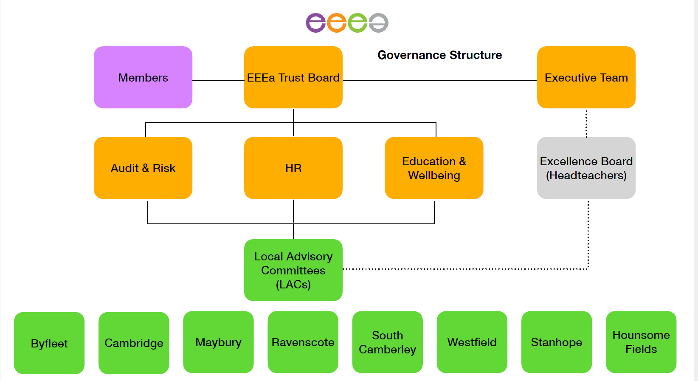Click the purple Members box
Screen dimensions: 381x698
coord(143,77)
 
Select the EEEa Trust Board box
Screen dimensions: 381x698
coord(293,77)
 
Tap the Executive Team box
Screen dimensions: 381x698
coord(586,77)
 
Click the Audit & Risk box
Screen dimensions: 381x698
coord(143,168)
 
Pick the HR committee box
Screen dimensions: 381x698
coord(293,168)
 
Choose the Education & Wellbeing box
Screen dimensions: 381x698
coord(434,168)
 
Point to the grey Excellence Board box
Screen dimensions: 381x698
coord(586,168)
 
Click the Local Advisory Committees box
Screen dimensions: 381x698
coord(293,270)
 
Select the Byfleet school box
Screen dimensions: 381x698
coord(49,343)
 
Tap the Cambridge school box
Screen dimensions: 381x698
coord(134,343)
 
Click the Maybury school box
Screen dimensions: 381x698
coord(218,342)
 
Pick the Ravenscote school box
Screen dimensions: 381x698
coord(303,342)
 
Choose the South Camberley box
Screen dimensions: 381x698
coord(387,342)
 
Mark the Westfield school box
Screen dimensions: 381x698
coord(472,342)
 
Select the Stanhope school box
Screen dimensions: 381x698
coord(556,342)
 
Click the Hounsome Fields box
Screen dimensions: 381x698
coord(641,342)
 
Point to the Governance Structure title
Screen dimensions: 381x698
coord(439,55)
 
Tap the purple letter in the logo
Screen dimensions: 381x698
coord(316,23)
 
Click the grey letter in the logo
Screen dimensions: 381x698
coord(378,23)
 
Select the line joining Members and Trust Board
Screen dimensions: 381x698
coord(218,80)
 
